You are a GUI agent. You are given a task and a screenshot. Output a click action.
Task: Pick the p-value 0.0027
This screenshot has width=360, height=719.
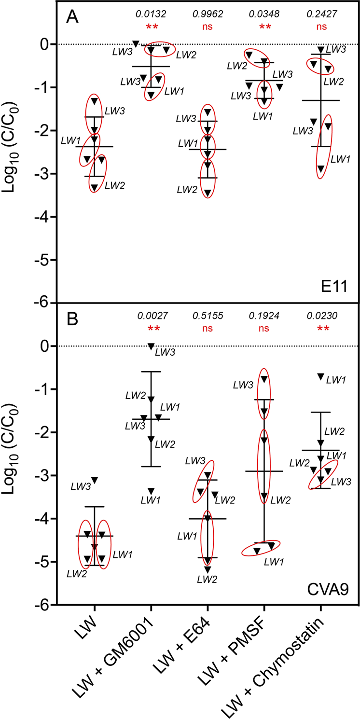coord(152,316)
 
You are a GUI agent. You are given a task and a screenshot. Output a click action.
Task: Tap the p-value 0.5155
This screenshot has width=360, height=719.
coord(208,316)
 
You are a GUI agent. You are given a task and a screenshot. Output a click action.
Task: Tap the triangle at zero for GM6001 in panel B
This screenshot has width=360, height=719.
coord(151,346)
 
